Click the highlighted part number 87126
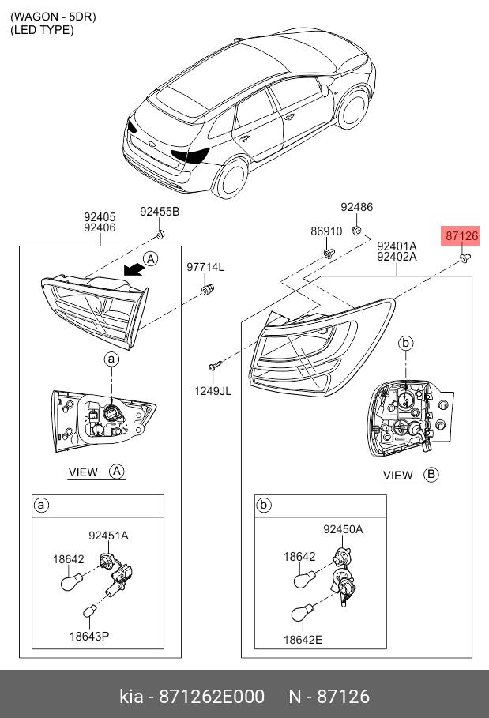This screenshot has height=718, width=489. [461, 235]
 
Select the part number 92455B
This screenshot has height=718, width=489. [160, 212]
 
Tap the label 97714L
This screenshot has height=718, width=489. [205, 268]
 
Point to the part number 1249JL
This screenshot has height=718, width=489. [213, 389]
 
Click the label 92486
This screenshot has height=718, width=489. [356, 207]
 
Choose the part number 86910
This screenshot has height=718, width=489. [326, 232]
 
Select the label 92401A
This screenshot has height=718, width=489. [397, 246]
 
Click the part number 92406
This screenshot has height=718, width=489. [100, 227]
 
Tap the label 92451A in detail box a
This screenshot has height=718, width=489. [108, 536]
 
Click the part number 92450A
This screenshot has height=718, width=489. [343, 529]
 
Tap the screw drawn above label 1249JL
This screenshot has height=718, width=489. [214, 366]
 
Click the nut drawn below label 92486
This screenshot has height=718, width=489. [357, 230]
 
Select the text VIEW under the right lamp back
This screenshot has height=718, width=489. [397, 476]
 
